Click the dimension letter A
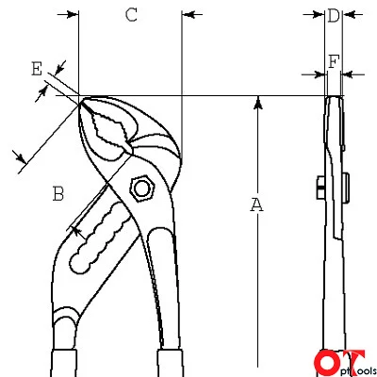click(x=256, y=205)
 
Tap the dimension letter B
click(x=58, y=194)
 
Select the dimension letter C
click(x=131, y=15)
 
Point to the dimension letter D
click(x=334, y=15)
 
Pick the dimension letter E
click(x=37, y=69)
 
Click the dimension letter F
click(x=334, y=61)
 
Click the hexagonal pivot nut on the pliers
click(x=142, y=188)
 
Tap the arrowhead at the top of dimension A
click(x=258, y=103)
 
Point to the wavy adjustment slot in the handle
click(x=101, y=238)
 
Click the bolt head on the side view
click(x=320, y=188)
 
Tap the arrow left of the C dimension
click(x=68, y=14)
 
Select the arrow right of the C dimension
click(x=192, y=14)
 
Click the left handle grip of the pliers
click(x=63, y=363)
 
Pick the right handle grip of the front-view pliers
click(x=170, y=363)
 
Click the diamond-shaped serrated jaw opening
click(x=109, y=128)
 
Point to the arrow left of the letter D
click(x=314, y=14)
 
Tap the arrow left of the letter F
click(x=313, y=74)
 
